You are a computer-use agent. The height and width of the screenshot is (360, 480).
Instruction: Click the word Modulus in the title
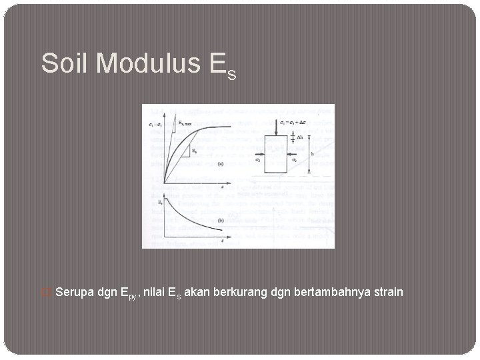pyautogui.click(x=139, y=63)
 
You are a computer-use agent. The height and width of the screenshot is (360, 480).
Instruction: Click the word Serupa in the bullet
pyautogui.click(x=75, y=291)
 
